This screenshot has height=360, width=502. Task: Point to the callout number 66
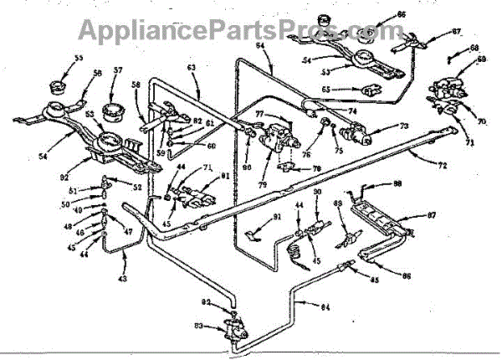click(401, 15)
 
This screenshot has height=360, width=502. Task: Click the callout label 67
click(456, 32)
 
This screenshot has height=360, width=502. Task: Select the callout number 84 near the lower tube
click(326, 306)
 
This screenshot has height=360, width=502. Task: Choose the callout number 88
click(397, 183)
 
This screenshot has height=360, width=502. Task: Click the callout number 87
click(432, 216)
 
